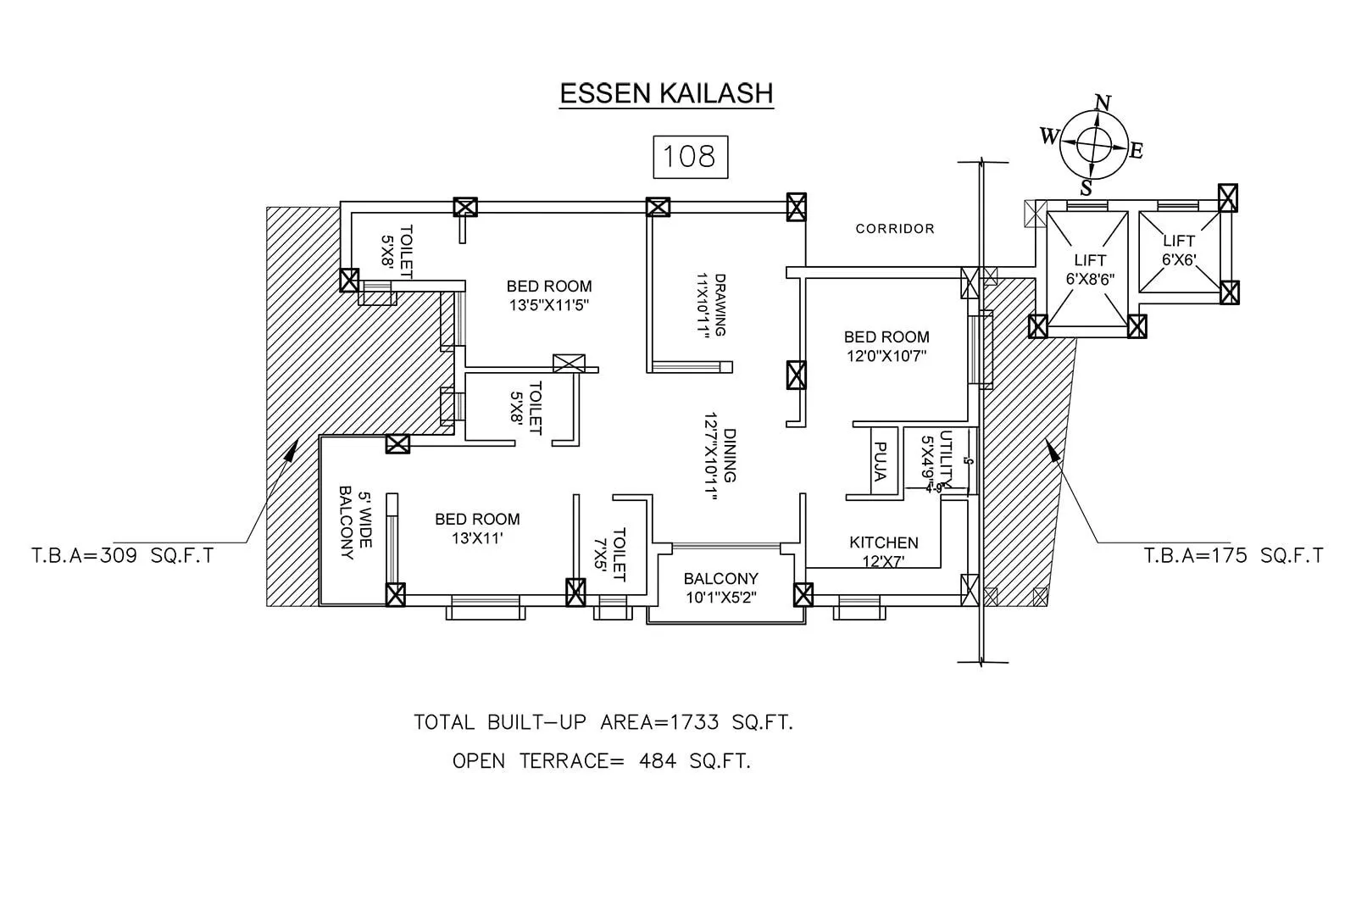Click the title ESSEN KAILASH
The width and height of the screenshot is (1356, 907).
click(x=666, y=93)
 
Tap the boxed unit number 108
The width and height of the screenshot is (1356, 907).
click(x=690, y=156)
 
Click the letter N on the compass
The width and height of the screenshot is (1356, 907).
click(x=1103, y=103)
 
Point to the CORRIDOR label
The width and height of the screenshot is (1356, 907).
click(x=895, y=229)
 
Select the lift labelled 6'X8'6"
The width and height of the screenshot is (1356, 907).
click(x=1090, y=270)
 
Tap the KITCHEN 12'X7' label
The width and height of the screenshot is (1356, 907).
click(x=883, y=551)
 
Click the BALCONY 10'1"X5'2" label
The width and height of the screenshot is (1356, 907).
click(x=720, y=587)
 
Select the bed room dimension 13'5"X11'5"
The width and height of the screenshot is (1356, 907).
click(x=549, y=305)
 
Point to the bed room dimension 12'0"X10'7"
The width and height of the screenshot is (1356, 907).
click(x=886, y=356)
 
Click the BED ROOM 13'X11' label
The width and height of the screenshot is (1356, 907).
click(x=477, y=527)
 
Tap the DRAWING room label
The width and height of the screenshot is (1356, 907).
click(x=710, y=305)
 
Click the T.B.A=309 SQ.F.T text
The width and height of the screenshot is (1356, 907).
click(x=123, y=556)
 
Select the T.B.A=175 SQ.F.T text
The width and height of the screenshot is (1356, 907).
click(x=1233, y=556)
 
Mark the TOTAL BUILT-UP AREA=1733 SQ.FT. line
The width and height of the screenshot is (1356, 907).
click(x=603, y=722)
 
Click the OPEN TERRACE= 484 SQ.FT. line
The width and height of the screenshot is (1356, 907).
click(x=602, y=761)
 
